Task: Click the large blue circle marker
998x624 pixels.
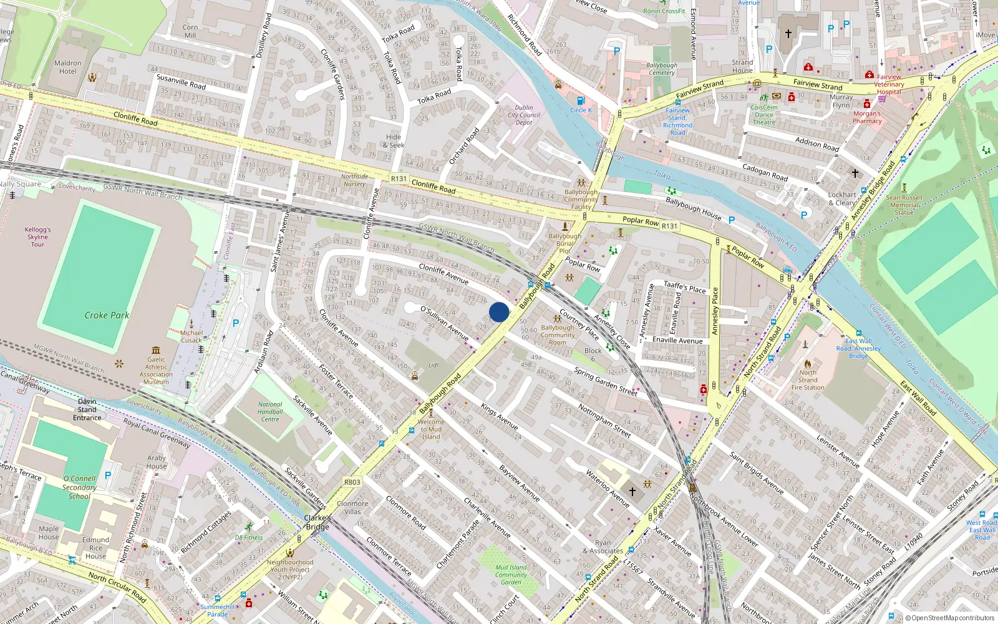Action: tap(499, 312)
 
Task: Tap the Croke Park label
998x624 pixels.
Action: tap(107, 315)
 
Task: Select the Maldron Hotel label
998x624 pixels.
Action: tap(67, 67)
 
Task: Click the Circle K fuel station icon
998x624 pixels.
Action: tap(581, 100)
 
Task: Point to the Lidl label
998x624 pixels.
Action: tap(434, 365)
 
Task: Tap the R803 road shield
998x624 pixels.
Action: tap(352, 482)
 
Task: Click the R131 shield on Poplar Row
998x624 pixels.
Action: tap(669, 226)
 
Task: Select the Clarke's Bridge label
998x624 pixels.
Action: tap(317, 522)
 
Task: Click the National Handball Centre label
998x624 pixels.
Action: tap(270, 412)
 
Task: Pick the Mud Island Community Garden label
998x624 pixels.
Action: tap(511, 575)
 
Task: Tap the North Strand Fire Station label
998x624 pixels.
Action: tap(808, 379)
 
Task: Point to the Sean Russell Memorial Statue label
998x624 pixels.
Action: tap(904, 205)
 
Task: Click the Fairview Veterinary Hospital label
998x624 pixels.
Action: tap(889, 84)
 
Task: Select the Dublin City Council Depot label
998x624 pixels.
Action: tap(524, 115)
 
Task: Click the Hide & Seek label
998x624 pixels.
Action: tap(394, 141)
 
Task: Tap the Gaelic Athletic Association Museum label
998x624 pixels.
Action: tap(156, 370)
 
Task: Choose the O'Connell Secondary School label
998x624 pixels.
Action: tap(79, 487)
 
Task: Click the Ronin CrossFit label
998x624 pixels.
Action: tap(664, 11)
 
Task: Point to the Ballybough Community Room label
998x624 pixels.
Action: tap(558, 334)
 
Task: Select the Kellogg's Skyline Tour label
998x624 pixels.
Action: tap(37, 237)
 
